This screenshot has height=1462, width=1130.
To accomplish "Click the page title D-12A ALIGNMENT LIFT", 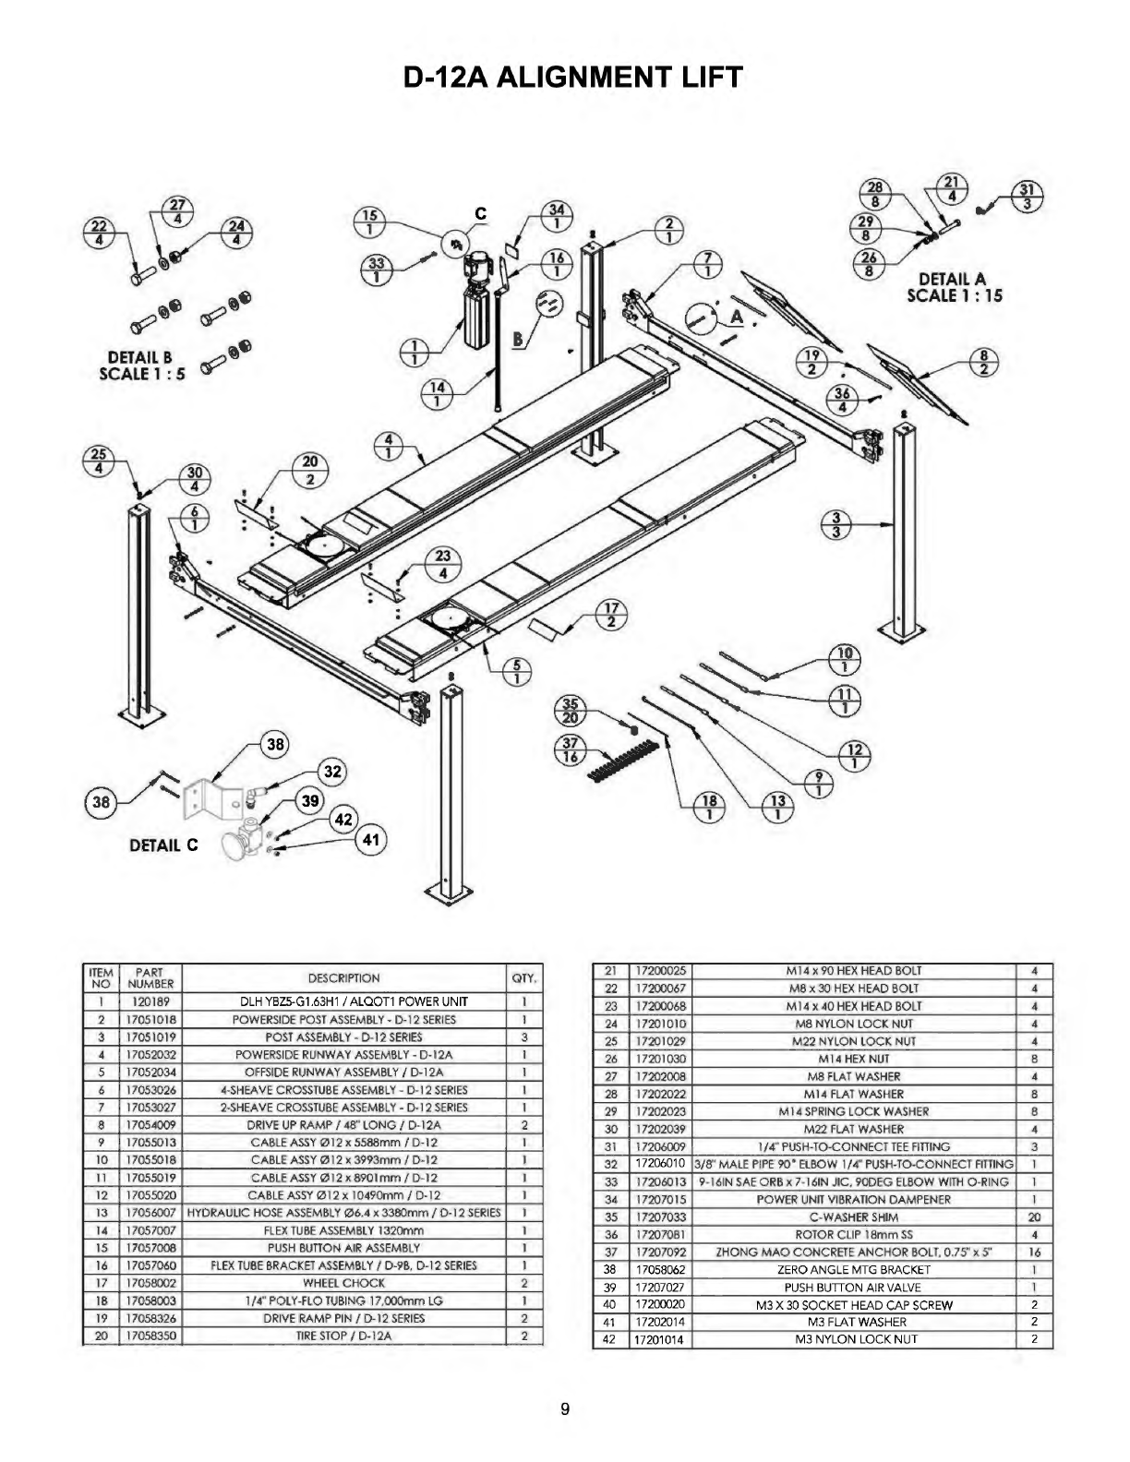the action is point(572,78).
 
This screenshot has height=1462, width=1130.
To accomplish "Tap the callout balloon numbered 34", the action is point(557,217).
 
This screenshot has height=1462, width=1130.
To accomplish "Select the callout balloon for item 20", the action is point(309,470).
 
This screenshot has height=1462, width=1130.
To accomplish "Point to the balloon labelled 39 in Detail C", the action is point(310,800).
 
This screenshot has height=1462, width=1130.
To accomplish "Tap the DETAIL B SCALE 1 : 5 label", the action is point(141,365).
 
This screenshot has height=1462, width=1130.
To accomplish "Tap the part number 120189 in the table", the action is point(150,1001).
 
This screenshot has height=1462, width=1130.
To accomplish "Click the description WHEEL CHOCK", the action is point(343,1283).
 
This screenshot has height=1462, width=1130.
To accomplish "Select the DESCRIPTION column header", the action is point(343,978).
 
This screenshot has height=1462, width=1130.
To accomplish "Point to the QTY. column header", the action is point(524,978).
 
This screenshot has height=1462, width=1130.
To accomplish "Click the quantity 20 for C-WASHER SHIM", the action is point(1034,1216).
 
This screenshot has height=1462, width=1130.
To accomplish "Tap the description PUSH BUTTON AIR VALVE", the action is point(853,1287).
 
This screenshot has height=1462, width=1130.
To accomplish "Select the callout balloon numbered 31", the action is point(1027,198).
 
